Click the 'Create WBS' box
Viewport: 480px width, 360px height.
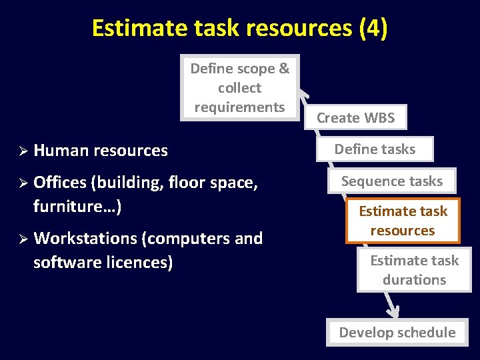pyautogui.click(x=355, y=118)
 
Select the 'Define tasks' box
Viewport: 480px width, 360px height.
pyautogui.click(x=375, y=149)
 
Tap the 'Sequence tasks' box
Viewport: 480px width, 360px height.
pyautogui.click(x=392, y=181)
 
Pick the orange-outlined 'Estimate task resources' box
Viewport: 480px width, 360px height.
pyautogui.click(x=403, y=221)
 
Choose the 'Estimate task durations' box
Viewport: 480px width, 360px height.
pyautogui.click(x=414, y=270)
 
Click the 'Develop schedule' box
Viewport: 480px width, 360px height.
pyautogui.click(x=397, y=332)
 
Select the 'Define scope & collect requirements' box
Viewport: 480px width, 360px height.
pyautogui.click(x=240, y=87)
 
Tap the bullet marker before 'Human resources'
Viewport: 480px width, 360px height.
pyautogui.click(x=21, y=151)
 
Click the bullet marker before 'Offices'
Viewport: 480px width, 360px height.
pyautogui.click(x=21, y=183)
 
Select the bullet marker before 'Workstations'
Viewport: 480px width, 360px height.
pyautogui.click(x=21, y=239)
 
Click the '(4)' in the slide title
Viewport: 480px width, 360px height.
pyautogui.click(x=373, y=29)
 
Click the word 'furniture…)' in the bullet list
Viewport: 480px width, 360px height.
pyautogui.click(x=77, y=206)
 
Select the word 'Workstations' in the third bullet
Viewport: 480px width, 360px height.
pyautogui.click(x=85, y=239)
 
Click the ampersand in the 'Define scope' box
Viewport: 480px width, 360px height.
pyautogui.click(x=283, y=69)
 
